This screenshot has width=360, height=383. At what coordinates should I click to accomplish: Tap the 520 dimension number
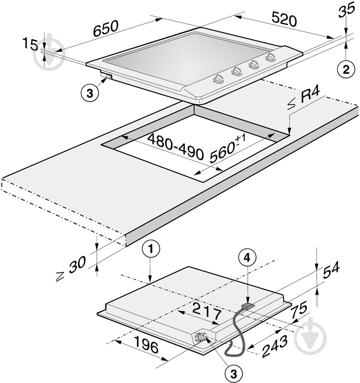(x=284, y=19)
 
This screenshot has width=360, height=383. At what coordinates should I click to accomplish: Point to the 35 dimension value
(x=346, y=10)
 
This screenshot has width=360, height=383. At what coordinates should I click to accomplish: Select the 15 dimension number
(x=30, y=44)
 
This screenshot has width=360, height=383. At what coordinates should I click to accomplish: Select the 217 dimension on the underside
(x=207, y=312)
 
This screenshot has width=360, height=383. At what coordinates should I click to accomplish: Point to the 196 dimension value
(x=146, y=344)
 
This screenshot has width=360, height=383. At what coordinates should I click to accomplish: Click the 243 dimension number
(x=274, y=346)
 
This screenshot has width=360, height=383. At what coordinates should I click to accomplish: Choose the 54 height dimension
(x=331, y=269)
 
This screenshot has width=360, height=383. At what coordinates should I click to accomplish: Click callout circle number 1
(x=151, y=249)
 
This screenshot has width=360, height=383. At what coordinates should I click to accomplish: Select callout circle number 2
(x=346, y=70)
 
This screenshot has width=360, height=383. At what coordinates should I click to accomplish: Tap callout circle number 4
(x=247, y=258)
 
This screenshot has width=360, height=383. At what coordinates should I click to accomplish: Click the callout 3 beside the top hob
(x=90, y=93)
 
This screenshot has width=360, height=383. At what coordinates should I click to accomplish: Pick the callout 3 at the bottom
(x=233, y=374)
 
